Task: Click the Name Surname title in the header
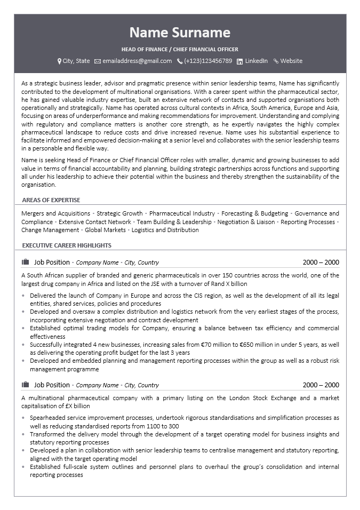click(180, 33)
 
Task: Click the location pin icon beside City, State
click(59, 61)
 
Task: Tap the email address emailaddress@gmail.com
click(137, 61)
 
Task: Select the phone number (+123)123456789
click(208, 61)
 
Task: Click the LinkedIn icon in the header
click(240, 61)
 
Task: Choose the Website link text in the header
click(291, 61)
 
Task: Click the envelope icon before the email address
click(98, 61)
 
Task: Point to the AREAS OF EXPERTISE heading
click(51, 200)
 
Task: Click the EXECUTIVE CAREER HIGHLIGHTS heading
click(67, 245)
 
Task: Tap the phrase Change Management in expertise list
click(50, 230)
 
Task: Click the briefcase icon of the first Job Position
click(25, 262)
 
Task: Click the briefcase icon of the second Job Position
click(25, 385)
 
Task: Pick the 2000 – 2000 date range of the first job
click(321, 262)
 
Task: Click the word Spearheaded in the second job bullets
click(48, 418)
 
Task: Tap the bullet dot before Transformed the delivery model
click(24, 434)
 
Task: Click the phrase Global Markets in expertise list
click(106, 230)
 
